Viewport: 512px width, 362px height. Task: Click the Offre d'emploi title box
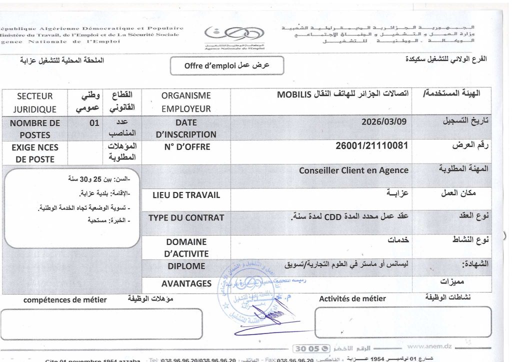click(227, 65)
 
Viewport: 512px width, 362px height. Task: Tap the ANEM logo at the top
click(234, 36)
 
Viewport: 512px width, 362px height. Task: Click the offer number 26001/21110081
click(373, 145)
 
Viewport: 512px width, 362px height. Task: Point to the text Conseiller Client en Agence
click(353, 170)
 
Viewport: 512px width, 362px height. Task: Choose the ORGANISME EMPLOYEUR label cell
click(186, 102)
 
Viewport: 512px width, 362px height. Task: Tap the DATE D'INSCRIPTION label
click(186, 128)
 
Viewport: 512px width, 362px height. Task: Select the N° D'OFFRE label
click(186, 147)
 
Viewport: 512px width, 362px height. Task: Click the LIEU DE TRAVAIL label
click(186, 195)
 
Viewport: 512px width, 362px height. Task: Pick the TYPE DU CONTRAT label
click(186, 217)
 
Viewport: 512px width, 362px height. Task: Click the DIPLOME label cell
click(186, 266)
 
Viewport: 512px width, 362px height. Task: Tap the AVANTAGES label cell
click(186, 283)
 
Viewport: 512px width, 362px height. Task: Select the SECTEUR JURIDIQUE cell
click(34, 102)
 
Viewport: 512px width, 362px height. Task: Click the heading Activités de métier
click(352, 298)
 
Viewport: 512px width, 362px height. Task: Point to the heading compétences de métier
click(65, 299)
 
